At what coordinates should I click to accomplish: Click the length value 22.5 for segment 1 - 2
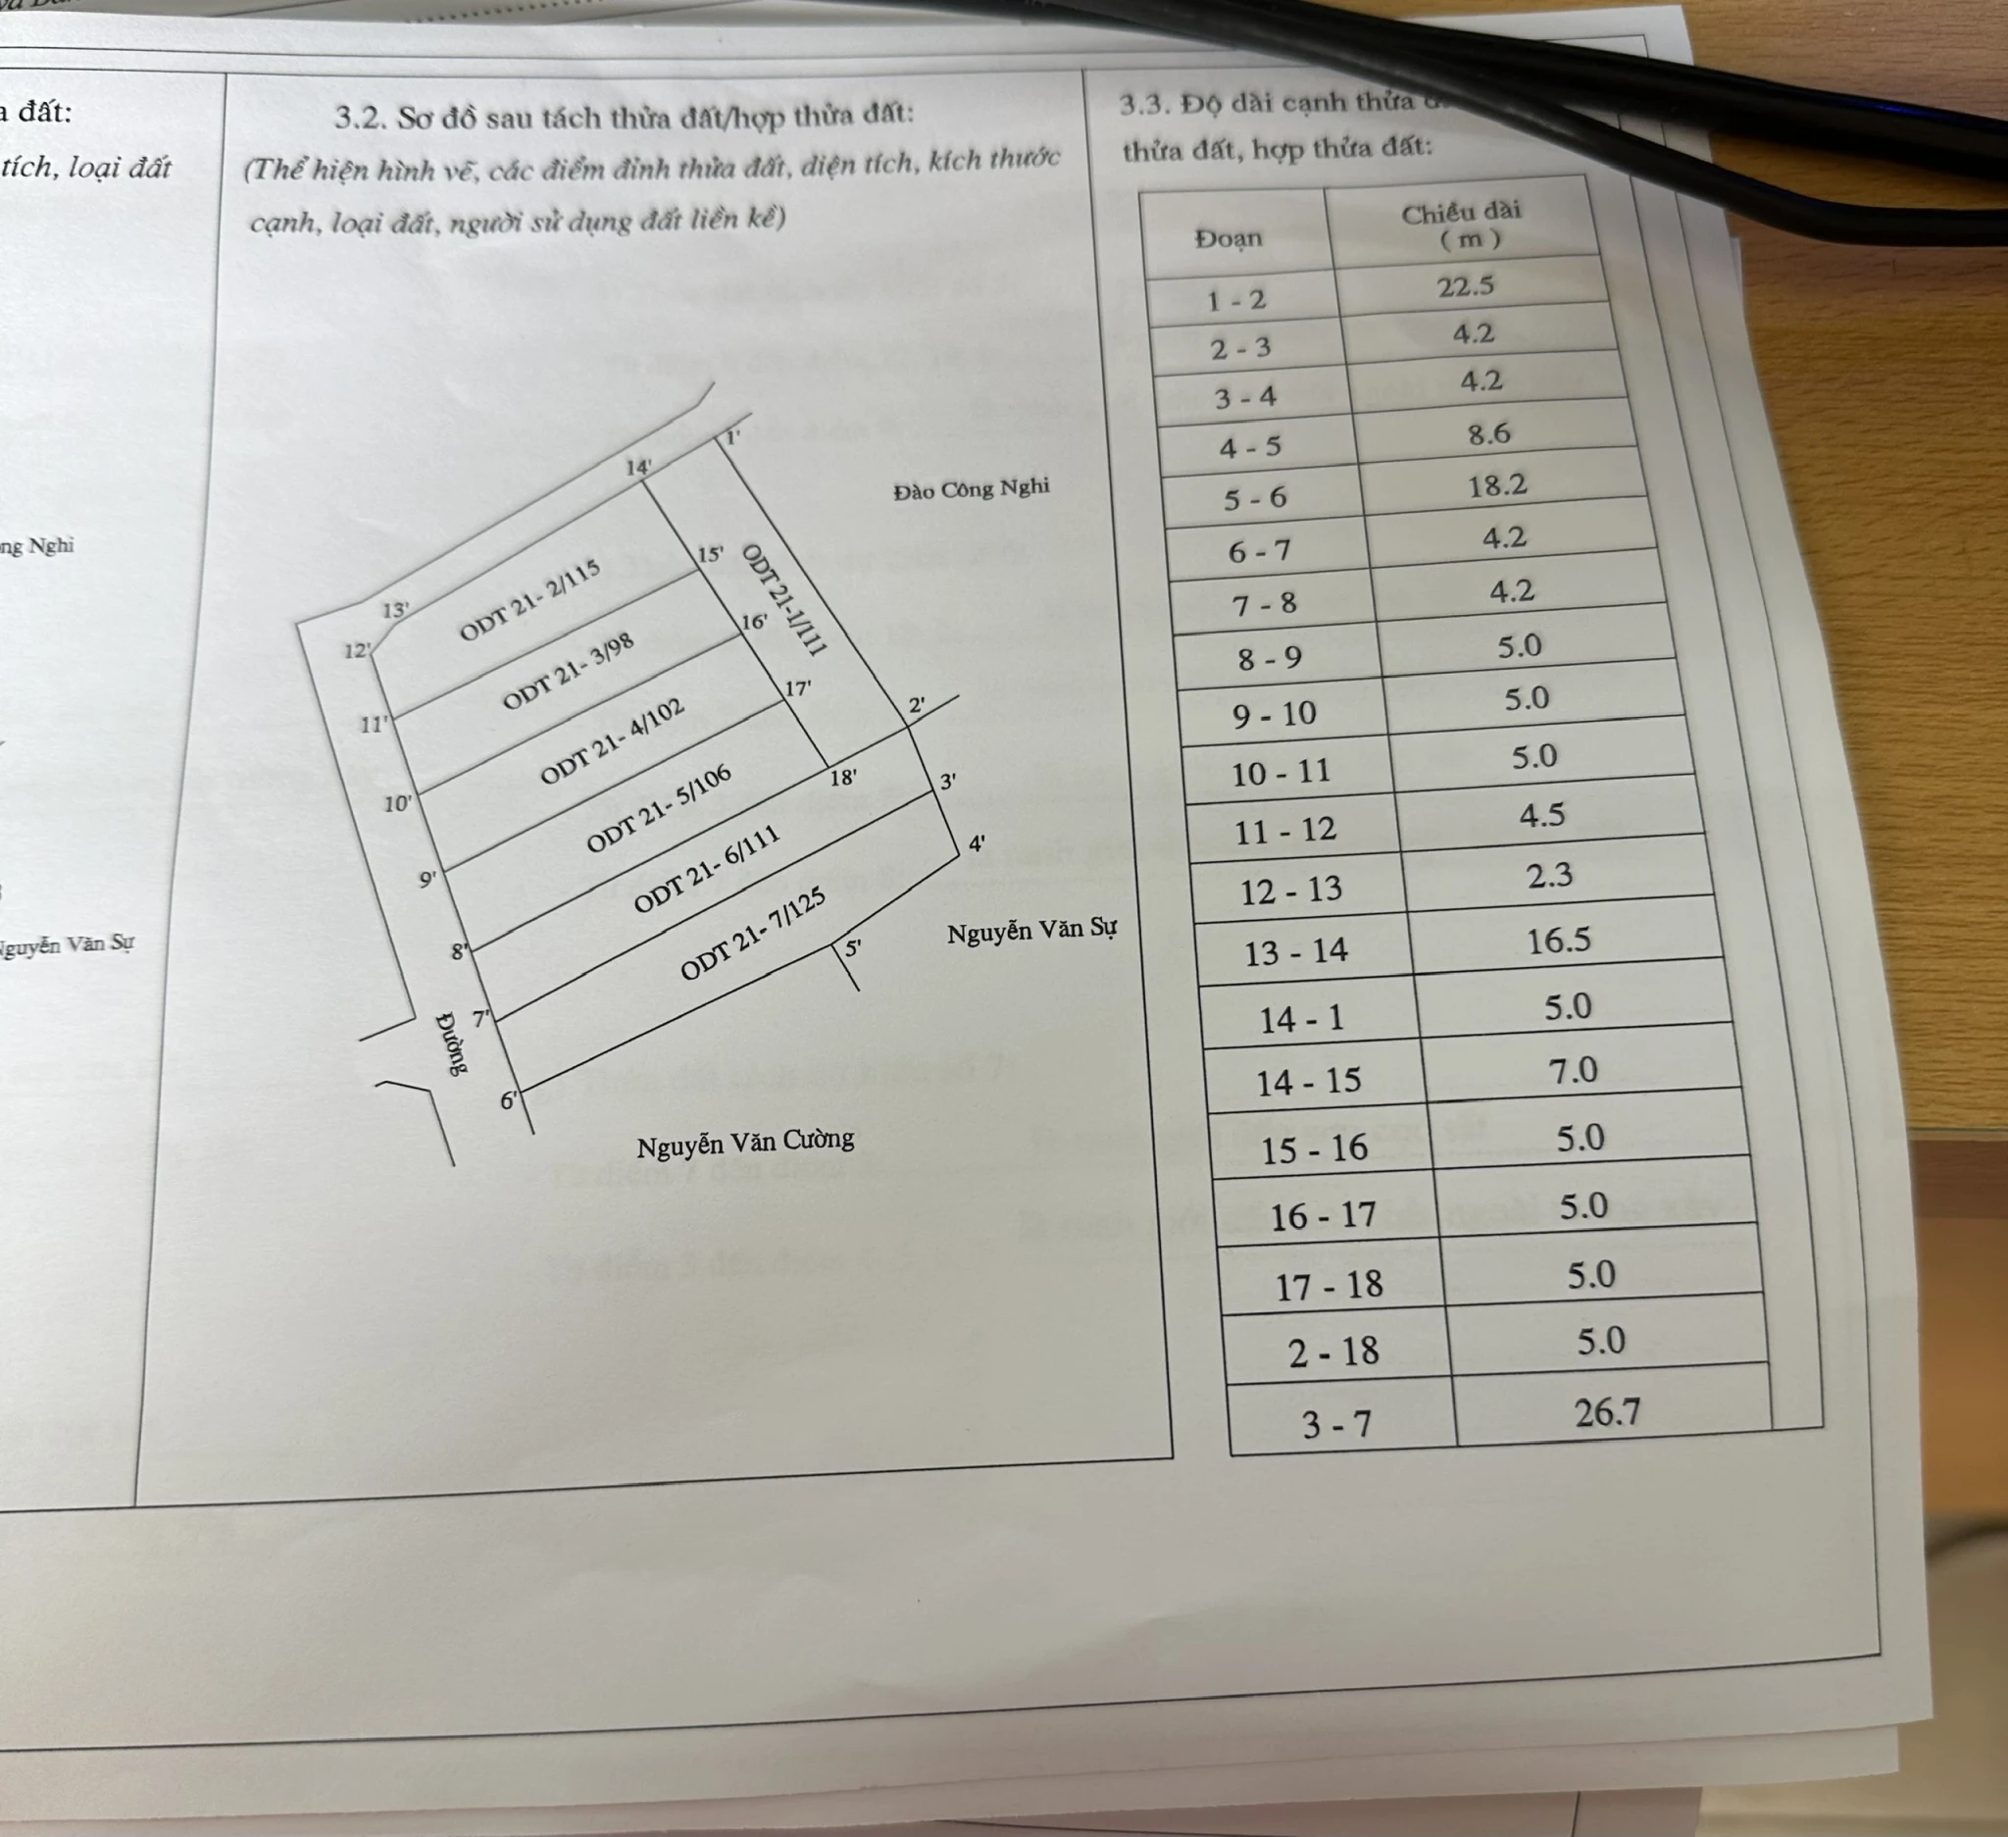[x=1465, y=287]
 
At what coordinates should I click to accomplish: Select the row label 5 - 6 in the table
[x=1255, y=498]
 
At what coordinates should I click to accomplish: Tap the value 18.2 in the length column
[x=1497, y=485]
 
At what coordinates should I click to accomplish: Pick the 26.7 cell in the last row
[x=1607, y=1412]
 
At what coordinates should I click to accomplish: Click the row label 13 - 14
[x=1295, y=952]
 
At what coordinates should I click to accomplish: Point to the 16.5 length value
[x=1559, y=940]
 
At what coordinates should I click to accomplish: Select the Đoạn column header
[x=1230, y=239]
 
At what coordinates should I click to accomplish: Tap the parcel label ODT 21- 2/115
[x=529, y=599]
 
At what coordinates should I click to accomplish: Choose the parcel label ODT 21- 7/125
[x=753, y=935]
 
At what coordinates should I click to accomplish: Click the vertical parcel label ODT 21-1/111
[x=783, y=599]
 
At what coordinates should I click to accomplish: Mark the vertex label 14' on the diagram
[x=638, y=466]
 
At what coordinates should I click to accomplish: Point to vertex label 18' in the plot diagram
[x=842, y=777]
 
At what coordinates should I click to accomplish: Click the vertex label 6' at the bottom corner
[x=509, y=1100]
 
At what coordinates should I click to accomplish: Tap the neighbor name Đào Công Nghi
[x=971, y=489]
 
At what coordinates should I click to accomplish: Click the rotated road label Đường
[x=452, y=1044]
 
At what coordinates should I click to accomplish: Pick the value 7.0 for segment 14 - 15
[x=1573, y=1071]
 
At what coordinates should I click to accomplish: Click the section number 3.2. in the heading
[x=361, y=119]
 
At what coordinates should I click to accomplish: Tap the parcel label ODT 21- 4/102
[x=612, y=741]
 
